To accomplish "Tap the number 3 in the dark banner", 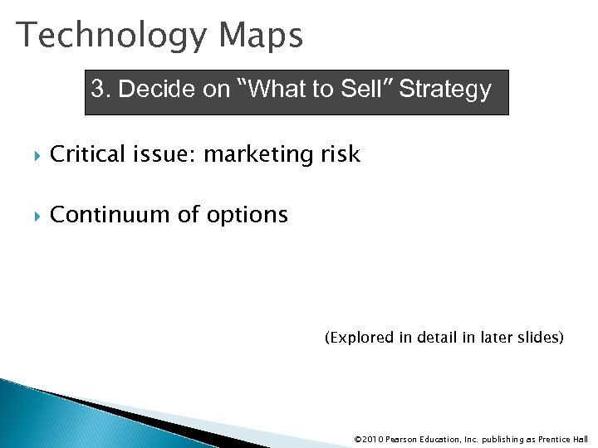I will (x=98, y=90).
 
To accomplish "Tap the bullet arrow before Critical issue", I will (x=31, y=154).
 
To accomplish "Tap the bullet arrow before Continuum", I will (x=31, y=216).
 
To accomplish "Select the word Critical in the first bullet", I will (x=87, y=153).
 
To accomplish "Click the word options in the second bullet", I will (x=248, y=216).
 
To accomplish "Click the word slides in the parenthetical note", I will (x=542, y=338).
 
